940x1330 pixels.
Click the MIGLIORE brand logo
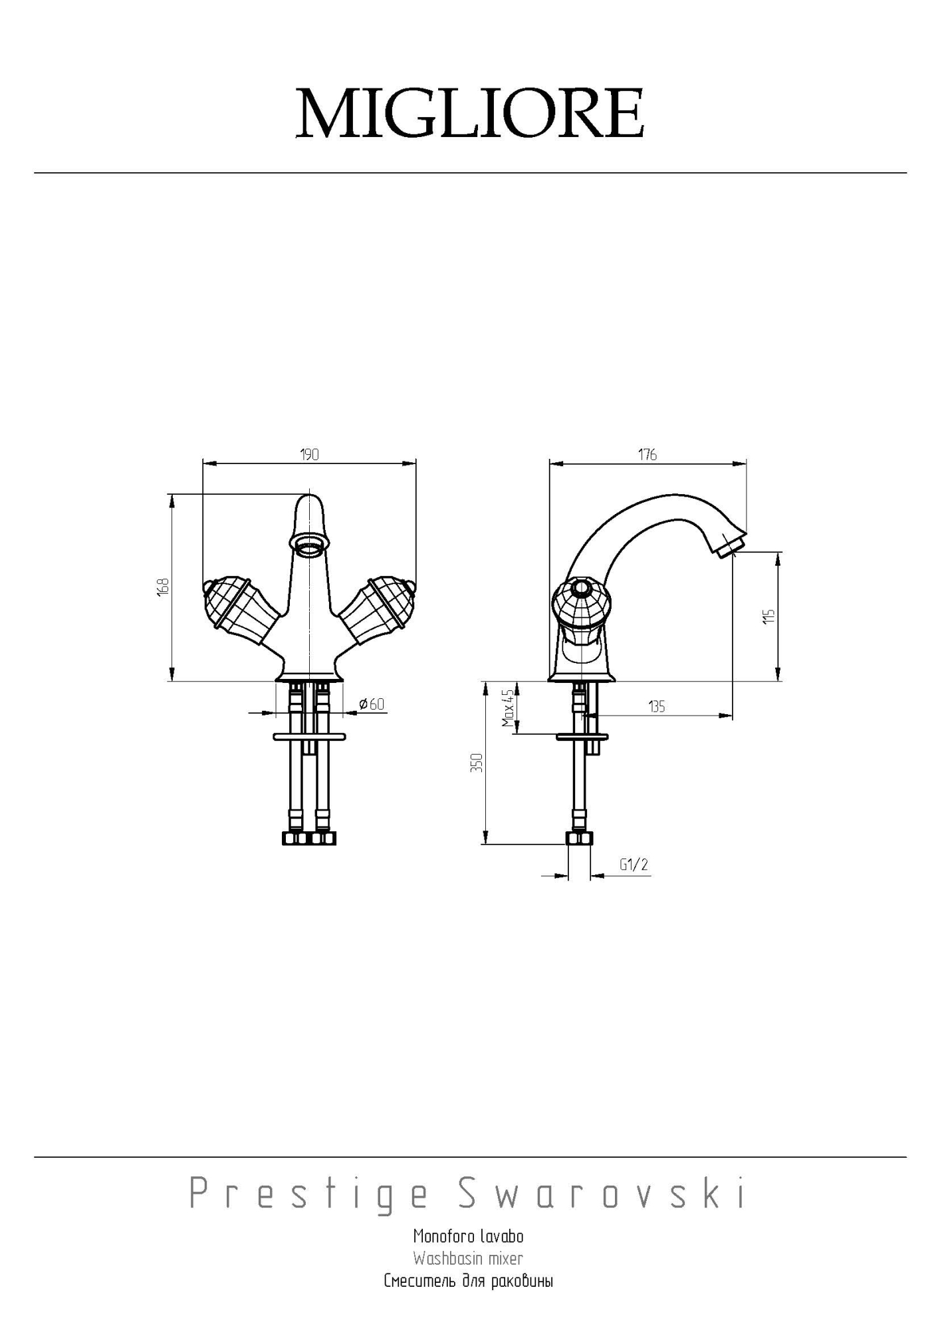point(469,114)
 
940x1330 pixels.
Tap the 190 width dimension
point(310,455)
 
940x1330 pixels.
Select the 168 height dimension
point(164,587)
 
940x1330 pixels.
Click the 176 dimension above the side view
point(647,455)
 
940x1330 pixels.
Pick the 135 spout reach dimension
point(657,707)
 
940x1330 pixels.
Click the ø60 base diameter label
point(372,704)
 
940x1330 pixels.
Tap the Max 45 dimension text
point(509,708)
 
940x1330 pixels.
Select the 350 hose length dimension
point(476,763)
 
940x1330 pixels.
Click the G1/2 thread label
point(634,864)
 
